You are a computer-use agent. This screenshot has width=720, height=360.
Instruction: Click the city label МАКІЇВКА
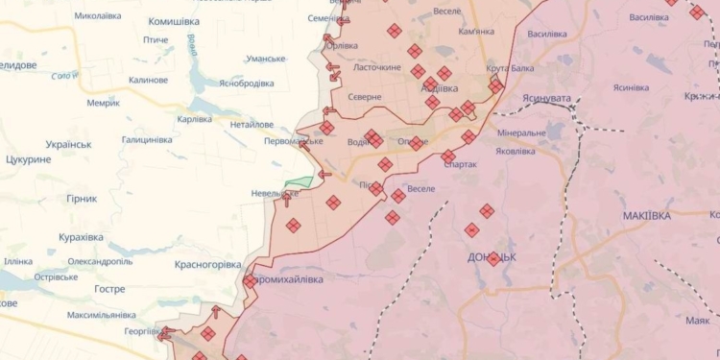(646, 216)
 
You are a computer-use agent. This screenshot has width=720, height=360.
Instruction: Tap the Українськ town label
(61, 144)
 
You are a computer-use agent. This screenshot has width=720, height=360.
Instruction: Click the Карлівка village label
(195, 119)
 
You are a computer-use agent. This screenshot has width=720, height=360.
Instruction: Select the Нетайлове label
(253, 124)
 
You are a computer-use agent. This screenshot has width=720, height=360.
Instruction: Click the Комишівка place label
(173, 20)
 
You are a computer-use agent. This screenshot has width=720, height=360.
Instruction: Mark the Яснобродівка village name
(246, 83)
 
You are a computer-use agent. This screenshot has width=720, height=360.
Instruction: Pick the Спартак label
(461, 164)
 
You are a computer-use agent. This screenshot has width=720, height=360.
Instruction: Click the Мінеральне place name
(522, 132)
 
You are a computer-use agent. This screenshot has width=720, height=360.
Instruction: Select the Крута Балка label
(510, 68)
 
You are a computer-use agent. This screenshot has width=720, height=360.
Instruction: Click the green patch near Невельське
(300, 181)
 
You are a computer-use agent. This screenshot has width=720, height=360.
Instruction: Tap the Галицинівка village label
(146, 139)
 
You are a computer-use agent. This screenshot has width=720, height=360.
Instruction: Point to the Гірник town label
(82, 199)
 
